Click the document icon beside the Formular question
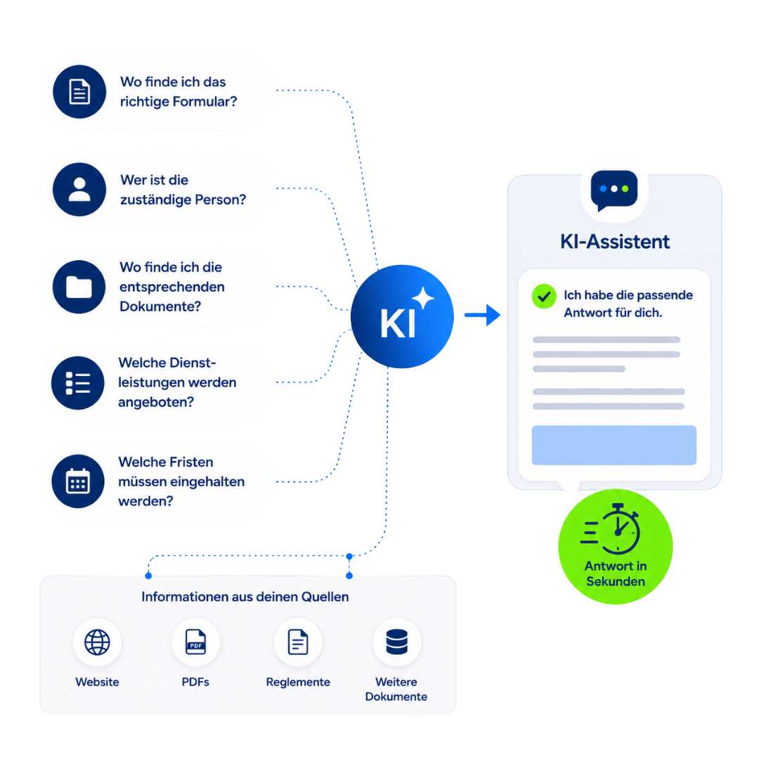(79, 91)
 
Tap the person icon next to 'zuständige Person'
(79, 189)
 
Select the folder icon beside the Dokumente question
(79, 287)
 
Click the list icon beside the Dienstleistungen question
(78, 383)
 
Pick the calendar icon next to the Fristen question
(78, 481)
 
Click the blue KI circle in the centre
(402, 316)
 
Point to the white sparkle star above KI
(423, 298)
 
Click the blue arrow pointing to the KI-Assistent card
(482, 315)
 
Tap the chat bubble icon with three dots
(614, 190)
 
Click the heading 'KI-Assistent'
(615, 242)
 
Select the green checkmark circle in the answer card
(544, 297)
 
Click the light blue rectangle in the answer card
(614, 446)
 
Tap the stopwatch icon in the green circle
(611, 529)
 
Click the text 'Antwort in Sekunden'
(615, 573)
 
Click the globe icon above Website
(97, 642)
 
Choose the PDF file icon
(195, 642)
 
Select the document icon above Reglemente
(298, 642)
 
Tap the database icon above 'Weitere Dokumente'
(396, 642)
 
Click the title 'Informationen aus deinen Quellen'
(245, 597)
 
